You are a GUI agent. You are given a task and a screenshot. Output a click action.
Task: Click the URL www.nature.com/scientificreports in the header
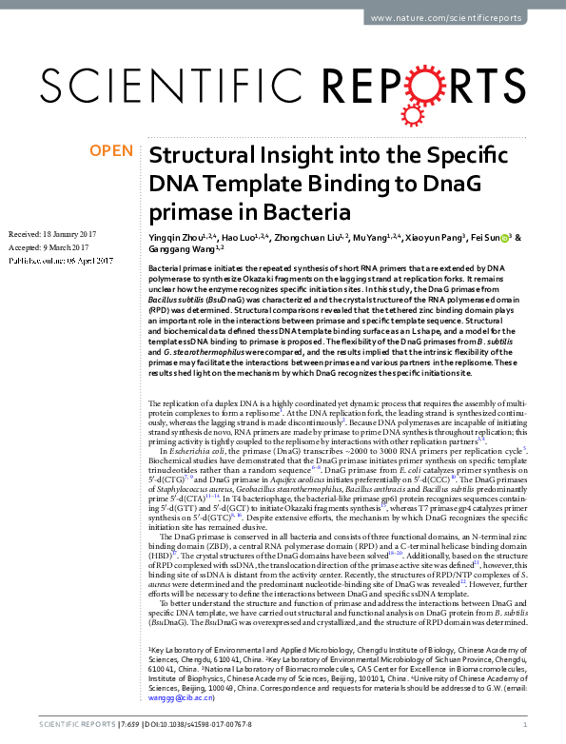[459, 18]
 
